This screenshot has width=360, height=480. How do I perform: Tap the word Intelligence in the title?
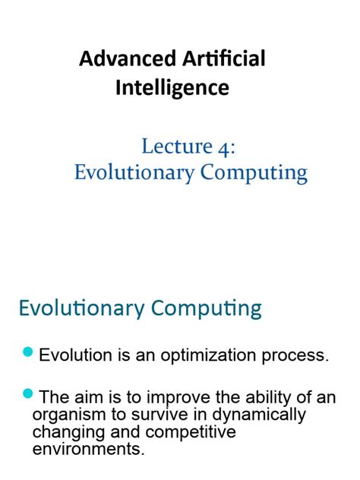pyautogui.click(x=172, y=88)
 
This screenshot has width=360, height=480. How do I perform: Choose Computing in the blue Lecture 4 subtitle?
pyautogui.click(x=254, y=173)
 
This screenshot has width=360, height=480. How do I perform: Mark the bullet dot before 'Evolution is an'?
pyautogui.click(x=29, y=352)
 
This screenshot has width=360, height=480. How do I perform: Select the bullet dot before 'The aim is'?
pyautogui.click(x=29, y=393)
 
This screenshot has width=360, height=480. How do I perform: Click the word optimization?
pyautogui.click(x=194, y=355)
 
